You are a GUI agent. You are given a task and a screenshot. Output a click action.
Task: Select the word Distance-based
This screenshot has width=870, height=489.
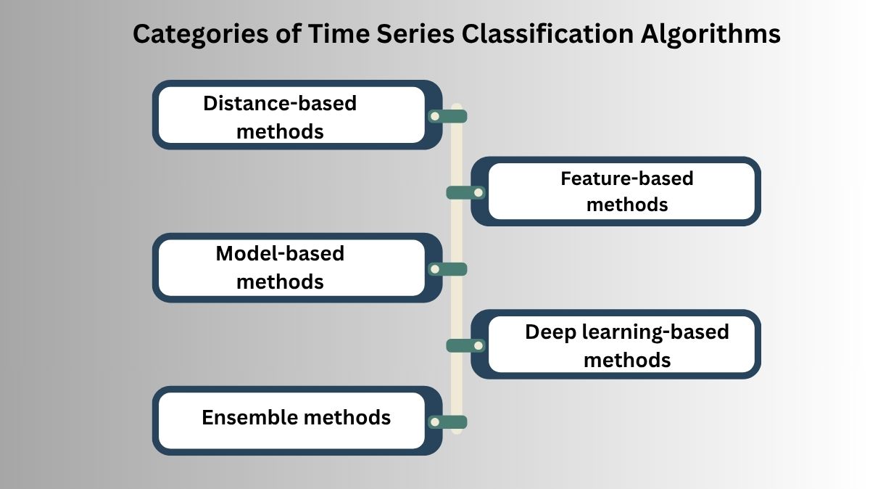point(280,103)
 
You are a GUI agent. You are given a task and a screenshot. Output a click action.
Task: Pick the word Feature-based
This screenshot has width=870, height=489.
point(627,178)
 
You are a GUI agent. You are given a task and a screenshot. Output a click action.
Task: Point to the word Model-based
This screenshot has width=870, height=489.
point(280,254)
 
